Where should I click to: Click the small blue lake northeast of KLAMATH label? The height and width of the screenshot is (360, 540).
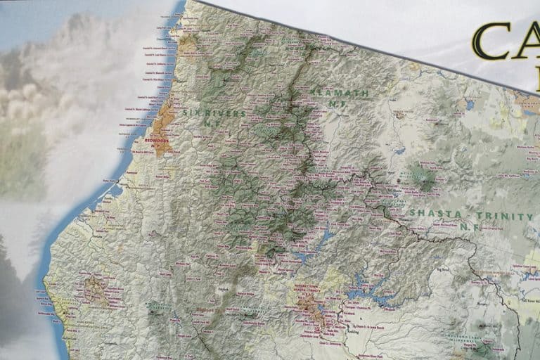tap(469, 105)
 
